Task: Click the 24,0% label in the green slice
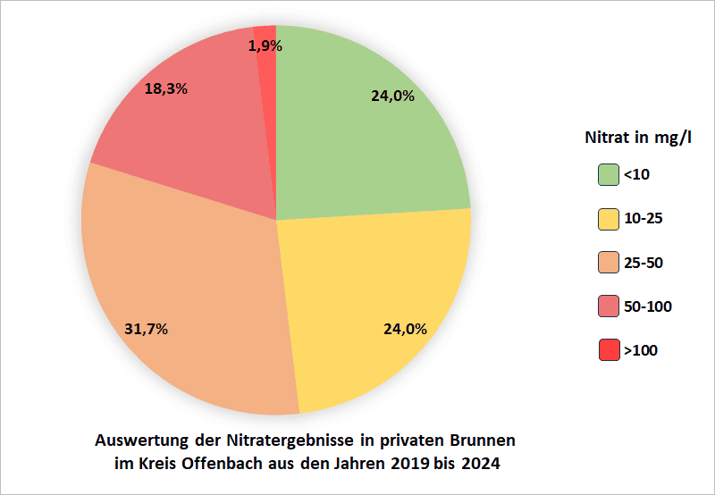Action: coord(392,96)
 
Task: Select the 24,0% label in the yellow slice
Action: coord(405,328)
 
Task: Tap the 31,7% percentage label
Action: coord(147,328)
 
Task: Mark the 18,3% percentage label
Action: coord(165,89)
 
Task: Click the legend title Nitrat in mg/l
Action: coord(638,138)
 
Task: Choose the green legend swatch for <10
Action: coord(609,175)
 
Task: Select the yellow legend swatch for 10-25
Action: coord(609,219)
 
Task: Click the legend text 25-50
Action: coord(643,263)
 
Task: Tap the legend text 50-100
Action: coord(648,306)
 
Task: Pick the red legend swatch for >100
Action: coord(609,350)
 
